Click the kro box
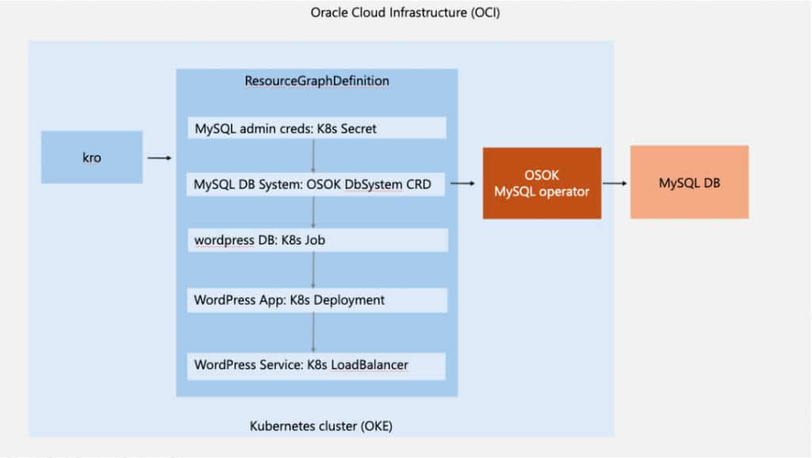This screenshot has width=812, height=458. [92, 157]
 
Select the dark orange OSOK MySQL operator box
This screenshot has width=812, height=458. [542, 183]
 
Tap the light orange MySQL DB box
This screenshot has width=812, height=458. [689, 182]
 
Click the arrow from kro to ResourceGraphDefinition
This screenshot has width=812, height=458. [159, 158]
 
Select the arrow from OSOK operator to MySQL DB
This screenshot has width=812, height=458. [615, 184]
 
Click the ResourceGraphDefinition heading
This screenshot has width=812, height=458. [316, 81]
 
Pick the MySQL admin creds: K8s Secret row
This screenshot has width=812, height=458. [316, 128]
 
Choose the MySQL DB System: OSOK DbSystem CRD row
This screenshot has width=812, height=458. [316, 184]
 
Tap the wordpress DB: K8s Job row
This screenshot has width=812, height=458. [316, 240]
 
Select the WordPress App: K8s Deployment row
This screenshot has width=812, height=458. [316, 300]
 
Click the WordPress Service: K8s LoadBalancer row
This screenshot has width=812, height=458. [316, 365]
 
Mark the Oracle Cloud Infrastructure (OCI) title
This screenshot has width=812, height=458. [405, 13]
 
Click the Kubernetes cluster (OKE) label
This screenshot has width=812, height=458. [321, 426]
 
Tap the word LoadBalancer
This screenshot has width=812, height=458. [373, 365]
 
